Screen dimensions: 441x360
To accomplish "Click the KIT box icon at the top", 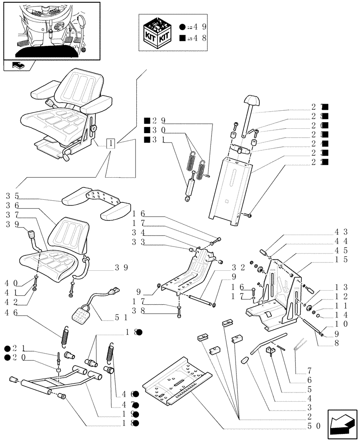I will tap(157, 33).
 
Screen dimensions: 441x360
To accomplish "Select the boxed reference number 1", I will tap(111, 143).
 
